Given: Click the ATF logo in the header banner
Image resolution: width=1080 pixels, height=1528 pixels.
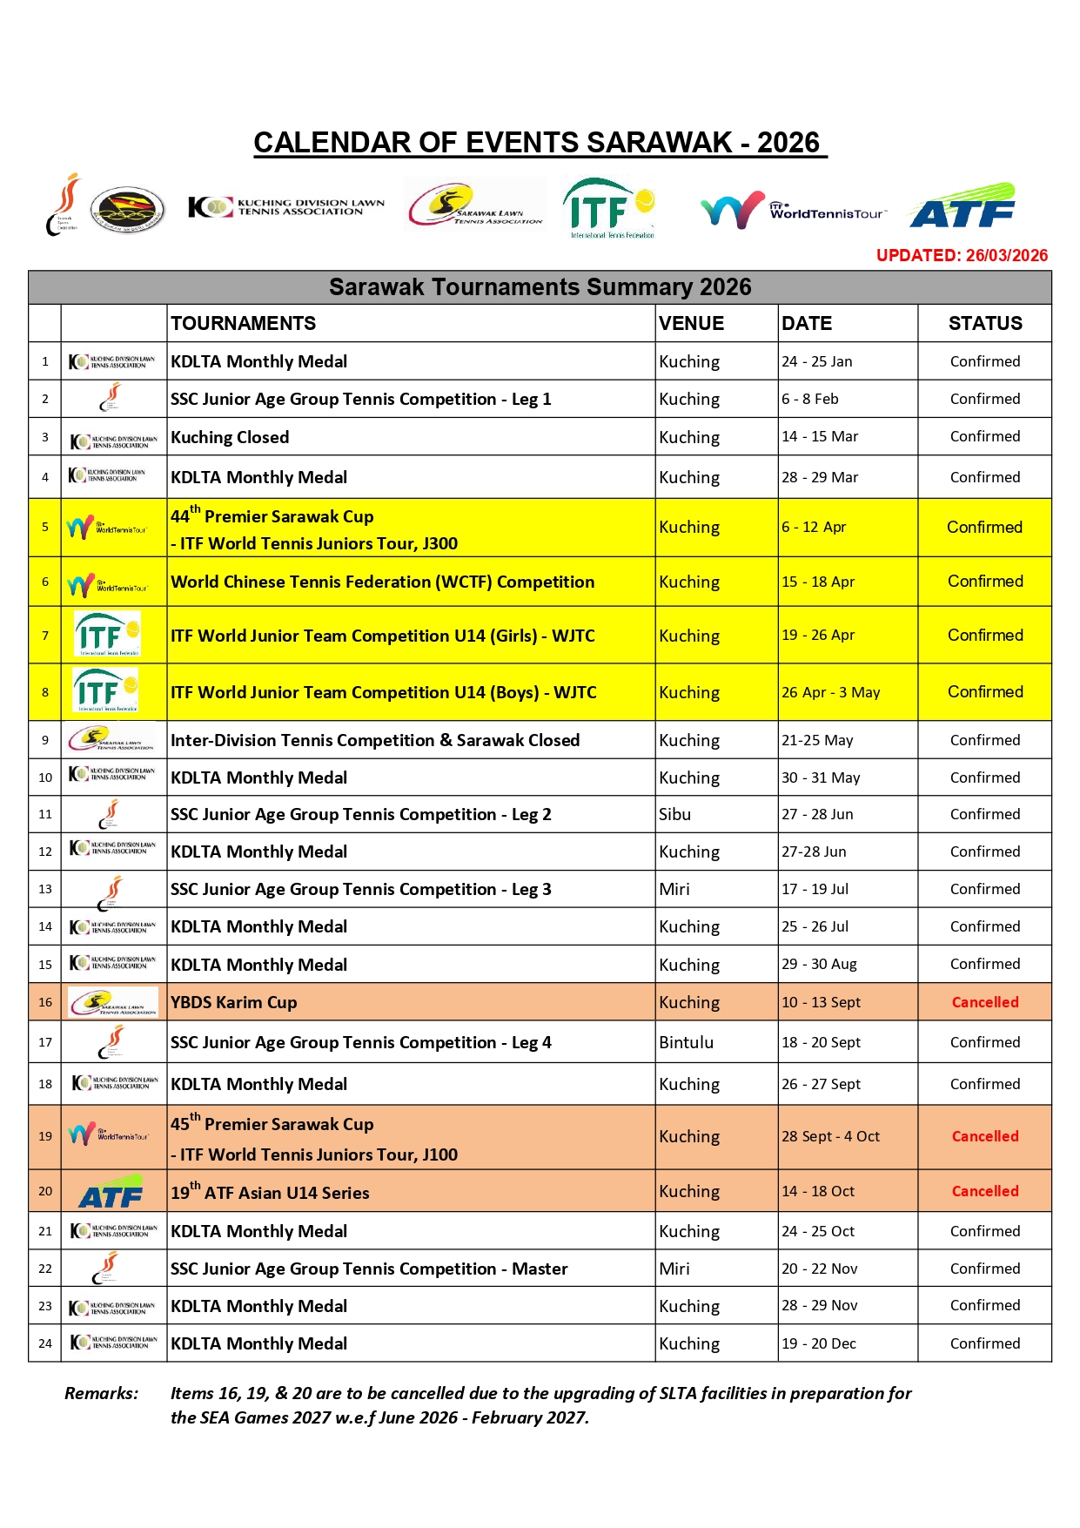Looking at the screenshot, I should coord(963,207).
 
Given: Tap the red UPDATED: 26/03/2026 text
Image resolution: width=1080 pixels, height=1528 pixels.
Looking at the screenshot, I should coord(962,255).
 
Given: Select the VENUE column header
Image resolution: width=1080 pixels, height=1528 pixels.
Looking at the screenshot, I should coord(691,323).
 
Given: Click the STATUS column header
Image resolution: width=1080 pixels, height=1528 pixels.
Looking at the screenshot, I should coord(985,323).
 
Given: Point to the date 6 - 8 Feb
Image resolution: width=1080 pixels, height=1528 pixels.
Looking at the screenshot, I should coord(809,399).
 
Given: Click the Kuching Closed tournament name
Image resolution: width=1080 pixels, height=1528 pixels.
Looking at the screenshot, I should coord(230,437).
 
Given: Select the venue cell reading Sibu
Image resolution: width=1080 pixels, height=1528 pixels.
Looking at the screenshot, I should coord(674,814).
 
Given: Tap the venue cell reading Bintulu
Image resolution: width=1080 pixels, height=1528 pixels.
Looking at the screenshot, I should coord(686,1042).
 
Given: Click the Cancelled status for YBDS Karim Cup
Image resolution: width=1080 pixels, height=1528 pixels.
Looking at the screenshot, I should coord(985,1002).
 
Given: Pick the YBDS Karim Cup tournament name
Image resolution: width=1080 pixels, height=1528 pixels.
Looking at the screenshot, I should coord(233,1002).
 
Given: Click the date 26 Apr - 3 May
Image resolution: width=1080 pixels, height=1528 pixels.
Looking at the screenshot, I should coord(830,692).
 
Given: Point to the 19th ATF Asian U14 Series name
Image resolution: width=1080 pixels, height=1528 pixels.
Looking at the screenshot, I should coord(270,1192).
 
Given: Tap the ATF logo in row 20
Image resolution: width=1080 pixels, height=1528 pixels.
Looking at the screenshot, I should coord(111,1193).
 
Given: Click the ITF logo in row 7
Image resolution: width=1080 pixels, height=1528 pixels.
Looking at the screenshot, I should coord(107,635).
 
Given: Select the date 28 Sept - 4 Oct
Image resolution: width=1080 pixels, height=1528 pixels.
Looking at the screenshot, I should coord(830,1136).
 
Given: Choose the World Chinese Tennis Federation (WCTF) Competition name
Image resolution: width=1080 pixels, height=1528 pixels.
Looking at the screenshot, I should coord(382,582).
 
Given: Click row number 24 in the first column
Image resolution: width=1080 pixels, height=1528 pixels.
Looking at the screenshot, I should coord(45,1343).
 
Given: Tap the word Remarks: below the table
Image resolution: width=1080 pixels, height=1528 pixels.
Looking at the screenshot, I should coord(101,1393).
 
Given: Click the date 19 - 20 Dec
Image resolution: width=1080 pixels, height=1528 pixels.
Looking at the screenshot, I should coord(818,1343).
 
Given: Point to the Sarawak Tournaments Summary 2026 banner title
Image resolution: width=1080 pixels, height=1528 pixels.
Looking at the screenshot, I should coord(540,287).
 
